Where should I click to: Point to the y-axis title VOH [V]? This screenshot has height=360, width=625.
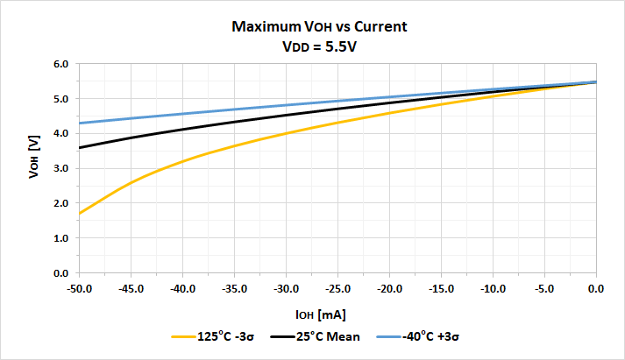pyautogui.click(x=33, y=168)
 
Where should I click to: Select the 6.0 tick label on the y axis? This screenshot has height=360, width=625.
pyautogui.click(x=60, y=64)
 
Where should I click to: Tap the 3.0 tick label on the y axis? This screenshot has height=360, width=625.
pyautogui.click(x=60, y=169)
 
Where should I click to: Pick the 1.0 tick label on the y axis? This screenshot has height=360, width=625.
pyautogui.click(x=60, y=238)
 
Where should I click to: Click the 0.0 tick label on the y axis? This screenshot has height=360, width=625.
pyautogui.click(x=60, y=273)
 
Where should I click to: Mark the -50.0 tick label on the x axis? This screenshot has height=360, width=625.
pyautogui.click(x=79, y=287)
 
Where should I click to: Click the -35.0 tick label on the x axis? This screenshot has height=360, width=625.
pyautogui.click(x=234, y=287)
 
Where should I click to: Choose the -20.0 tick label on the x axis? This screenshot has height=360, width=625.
pyautogui.click(x=389, y=287)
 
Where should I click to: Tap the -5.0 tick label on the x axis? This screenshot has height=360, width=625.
pyautogui.click(x=544, y=287)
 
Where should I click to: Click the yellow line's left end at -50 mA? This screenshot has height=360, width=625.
pyautogui.click(x=80, y=214)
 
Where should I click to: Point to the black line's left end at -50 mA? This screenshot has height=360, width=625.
pyautogui.click(x=80, y=148)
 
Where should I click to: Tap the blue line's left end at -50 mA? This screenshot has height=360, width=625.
pyautogui.click(x=80, y=124)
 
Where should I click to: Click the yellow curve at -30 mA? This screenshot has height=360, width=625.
pyautogui.click(x=286, y=134)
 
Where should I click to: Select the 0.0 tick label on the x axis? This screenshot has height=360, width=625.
pyautogui.click(x=596, y=287)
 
